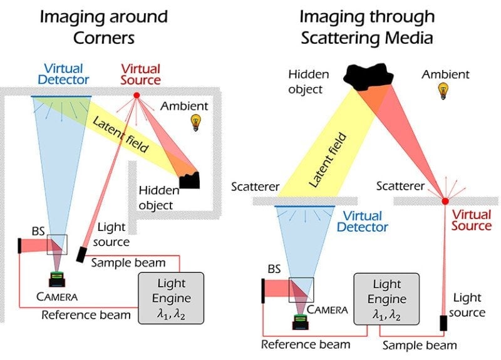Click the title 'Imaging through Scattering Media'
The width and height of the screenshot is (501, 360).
(366, 26)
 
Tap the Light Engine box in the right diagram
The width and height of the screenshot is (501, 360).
(386, 298)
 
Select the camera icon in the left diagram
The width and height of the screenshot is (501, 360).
(58, 280)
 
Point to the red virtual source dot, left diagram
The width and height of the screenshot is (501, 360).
(136, 95)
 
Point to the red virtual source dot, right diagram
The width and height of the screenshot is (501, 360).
(445, 201)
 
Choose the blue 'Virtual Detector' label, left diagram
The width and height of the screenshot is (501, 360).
(63, 73)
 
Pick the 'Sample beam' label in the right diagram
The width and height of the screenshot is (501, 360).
(420, 345)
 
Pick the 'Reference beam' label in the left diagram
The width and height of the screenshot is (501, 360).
(86, 314)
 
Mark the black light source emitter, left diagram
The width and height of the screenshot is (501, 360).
(81, 254)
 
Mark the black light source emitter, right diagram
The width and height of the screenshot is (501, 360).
(444, 323)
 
